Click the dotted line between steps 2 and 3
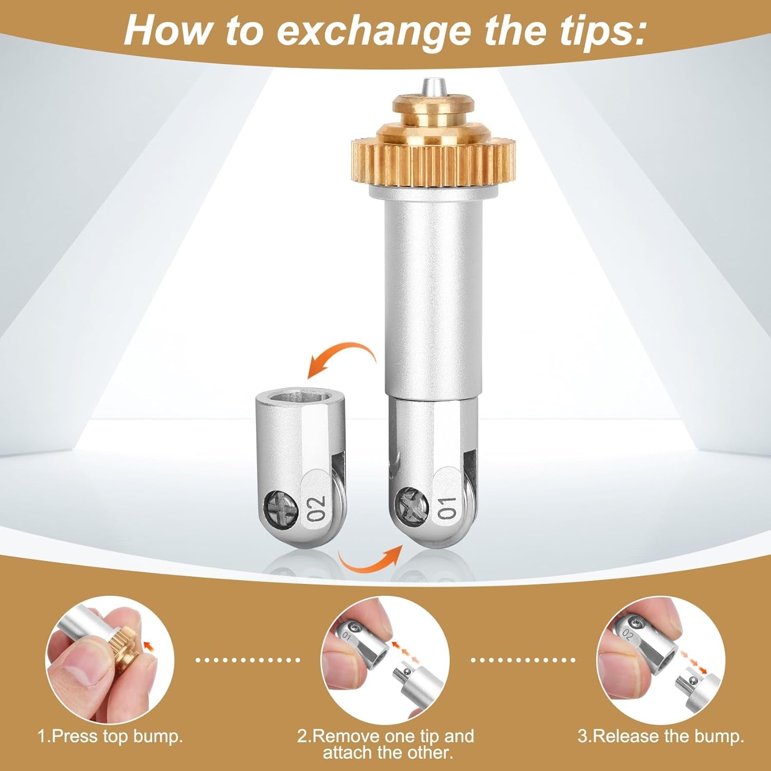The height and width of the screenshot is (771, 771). click(524, 659)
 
